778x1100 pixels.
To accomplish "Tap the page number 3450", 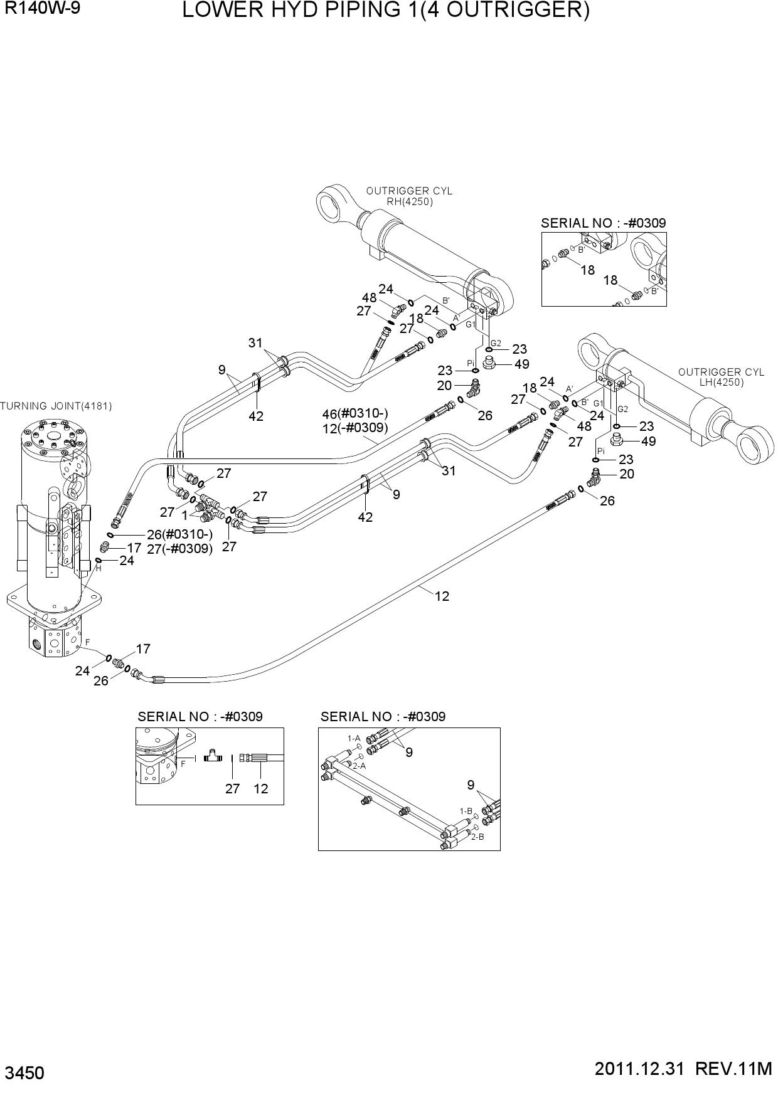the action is pyautogui.click(x=24, y=1074).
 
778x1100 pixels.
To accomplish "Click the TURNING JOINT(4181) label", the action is pyautogui.click(x=56, y=406).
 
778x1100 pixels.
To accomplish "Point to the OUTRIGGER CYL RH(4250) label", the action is pyautogui.click(x=409, y=196).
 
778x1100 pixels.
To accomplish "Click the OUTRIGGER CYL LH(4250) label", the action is pyautogui.click(x=722, y=377).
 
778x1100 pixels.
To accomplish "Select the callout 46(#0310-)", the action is pyautogui.click(x=356, y=414).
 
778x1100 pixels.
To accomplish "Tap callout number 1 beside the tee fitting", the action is pyautogui.click(x=184, y=515).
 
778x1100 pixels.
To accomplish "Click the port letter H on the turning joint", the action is pyautogui.click(x=99, y=568).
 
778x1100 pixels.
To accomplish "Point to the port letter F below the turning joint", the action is pyautogui.click(x=88, y=642).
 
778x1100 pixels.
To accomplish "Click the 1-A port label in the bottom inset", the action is pyautogui.click(x=354, y=739).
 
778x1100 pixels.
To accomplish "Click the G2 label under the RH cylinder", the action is pyautogui.click(x=496, y=343).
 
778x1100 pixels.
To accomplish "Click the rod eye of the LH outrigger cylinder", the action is pyautogui.click(x=752, y=445).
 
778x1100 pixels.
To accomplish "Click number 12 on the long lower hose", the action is pyautogui.click(x=442, y=596).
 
